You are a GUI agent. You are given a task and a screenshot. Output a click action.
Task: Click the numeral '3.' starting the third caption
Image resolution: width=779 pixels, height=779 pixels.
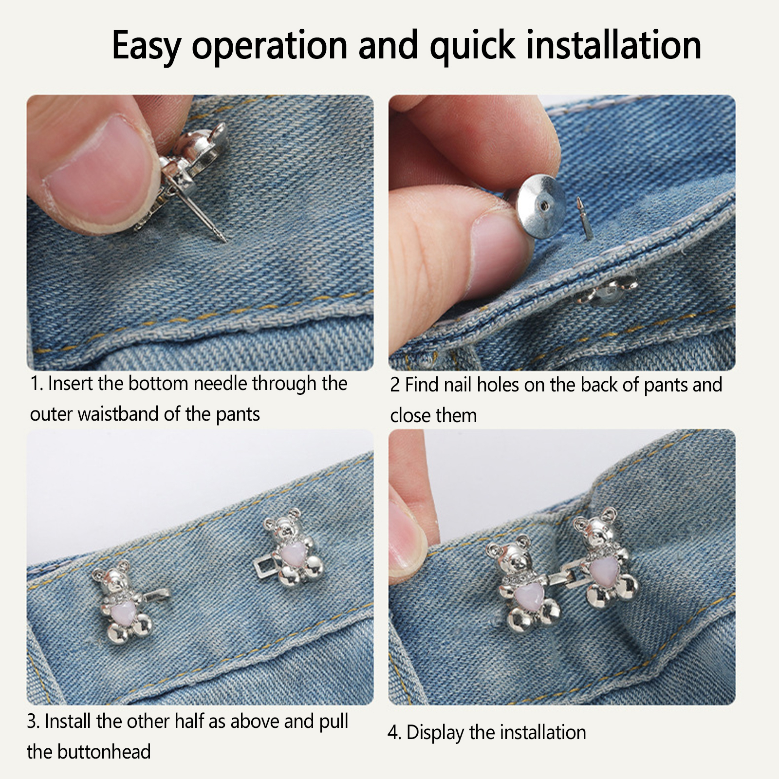(33, 721)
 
